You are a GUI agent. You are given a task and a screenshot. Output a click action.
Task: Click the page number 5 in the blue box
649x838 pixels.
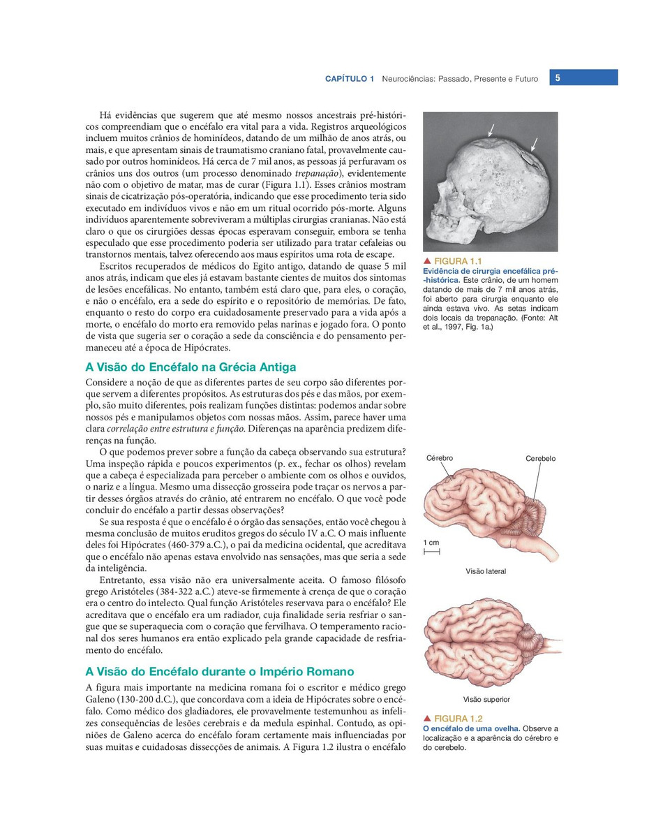pos(558,78)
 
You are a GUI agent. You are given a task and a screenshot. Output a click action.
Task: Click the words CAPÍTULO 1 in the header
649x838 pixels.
pos(350,79)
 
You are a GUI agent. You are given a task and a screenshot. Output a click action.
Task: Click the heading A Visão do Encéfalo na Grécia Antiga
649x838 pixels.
pos(191,367)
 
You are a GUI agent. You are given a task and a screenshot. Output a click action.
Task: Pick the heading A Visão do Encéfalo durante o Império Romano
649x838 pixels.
pos(219,672)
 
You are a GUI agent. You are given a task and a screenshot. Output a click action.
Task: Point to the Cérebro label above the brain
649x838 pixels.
pos(440,458)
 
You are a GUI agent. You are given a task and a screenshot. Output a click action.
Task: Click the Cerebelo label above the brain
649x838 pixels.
pos(540,459)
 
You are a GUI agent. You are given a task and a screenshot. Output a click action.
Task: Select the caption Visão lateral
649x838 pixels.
pos(486,571)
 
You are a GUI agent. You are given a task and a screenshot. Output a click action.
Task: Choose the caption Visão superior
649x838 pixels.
pos(486,699)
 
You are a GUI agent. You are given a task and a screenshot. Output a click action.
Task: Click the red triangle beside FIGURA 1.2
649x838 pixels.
pos(426,719)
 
